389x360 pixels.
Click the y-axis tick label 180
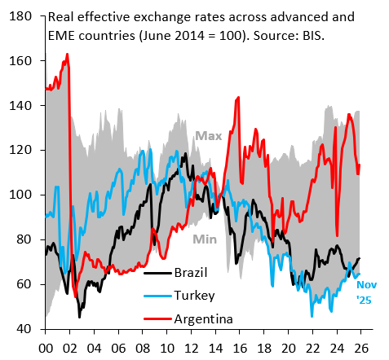coord(20,16)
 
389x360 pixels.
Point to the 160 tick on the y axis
coord(20,60)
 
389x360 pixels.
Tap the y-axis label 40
coord(24,329)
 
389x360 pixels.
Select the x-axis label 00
coord(46,348)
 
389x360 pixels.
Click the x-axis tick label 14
coord(216,348)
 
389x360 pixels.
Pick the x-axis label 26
coord(361,348)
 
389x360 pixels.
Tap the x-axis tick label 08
coord(143,348)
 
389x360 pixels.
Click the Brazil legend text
coord(191,272)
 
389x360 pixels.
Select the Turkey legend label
coord(194,296)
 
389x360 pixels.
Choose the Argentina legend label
coord(204,319)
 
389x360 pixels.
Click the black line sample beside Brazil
coord(157,273)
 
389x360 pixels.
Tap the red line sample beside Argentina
coord(157,319)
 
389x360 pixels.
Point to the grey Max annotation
coord(209,136)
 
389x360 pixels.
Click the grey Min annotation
coord(205,239)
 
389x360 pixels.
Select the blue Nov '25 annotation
coord(366,292)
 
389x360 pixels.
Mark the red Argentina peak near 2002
coord(67,54)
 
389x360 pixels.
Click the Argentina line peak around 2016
coord(238,97)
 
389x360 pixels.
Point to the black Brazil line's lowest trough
coord(79,317)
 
